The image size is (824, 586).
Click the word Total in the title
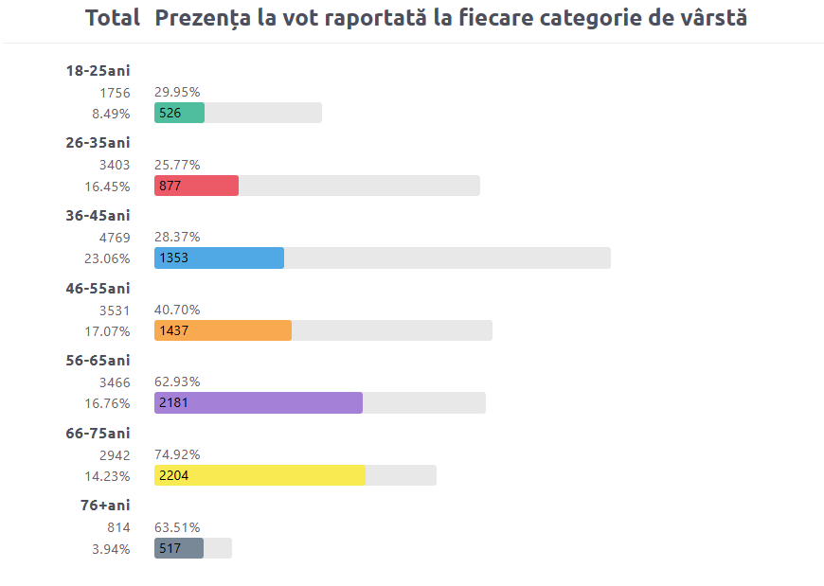[x=112, y=18]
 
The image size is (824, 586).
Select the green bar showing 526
[x=179, y=113]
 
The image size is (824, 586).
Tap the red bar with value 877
[x=196, y=186]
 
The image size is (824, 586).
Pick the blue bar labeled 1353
[x=219, y=257]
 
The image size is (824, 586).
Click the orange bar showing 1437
[x=223, y=330]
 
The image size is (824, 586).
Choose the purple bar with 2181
[x=258, y=403]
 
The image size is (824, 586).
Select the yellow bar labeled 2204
[x=260, y=475]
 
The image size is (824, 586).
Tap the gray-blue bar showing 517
[x=179, y=548]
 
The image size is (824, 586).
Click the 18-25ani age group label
[x=98, y=70]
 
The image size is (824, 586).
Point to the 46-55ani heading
[x=98, y=288]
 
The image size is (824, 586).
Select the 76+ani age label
[x=105, y=506]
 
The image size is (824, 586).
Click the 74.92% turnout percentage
[x=177, y=454]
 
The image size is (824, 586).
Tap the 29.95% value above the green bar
[x=177, y=92]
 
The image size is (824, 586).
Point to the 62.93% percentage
[x=177, y=382]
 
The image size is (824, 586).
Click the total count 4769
[x=115, y=237]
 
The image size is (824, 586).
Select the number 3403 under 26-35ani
[x=115, y=165]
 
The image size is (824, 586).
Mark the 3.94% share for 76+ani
[x=111, y=549]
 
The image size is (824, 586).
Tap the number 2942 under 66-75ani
[x=115, y=454]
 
